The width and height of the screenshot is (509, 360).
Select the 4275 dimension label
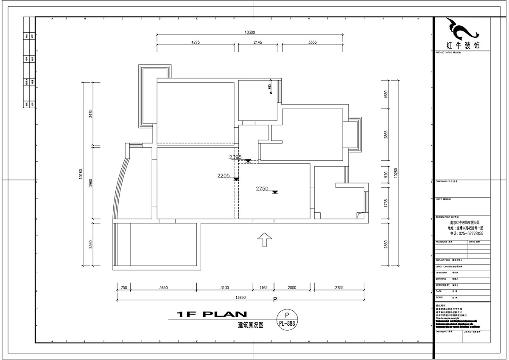pos(196,42)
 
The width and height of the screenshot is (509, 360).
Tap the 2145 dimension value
pos(258,42)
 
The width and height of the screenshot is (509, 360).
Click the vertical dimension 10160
pos(81,173)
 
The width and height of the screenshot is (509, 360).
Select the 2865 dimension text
pos(386,135)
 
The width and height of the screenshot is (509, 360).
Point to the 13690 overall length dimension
pos(239,298)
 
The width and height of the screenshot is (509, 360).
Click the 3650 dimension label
pos(164,287)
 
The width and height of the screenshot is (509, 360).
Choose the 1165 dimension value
pos(263,287)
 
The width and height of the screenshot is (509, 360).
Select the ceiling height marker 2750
pos(262,188)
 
